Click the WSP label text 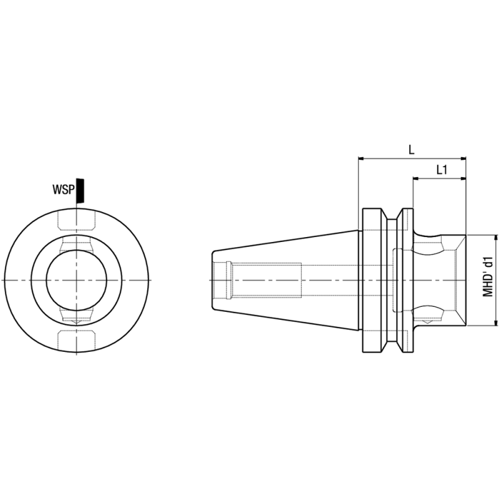click(64, 190)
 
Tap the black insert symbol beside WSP click(80, 191)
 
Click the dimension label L click(412, 150)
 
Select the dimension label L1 click(442, 170)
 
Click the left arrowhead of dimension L click(361, 158)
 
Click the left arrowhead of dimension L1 click(416, 178)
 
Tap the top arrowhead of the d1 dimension click(495, 238)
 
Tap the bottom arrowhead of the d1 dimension click(495, 322)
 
